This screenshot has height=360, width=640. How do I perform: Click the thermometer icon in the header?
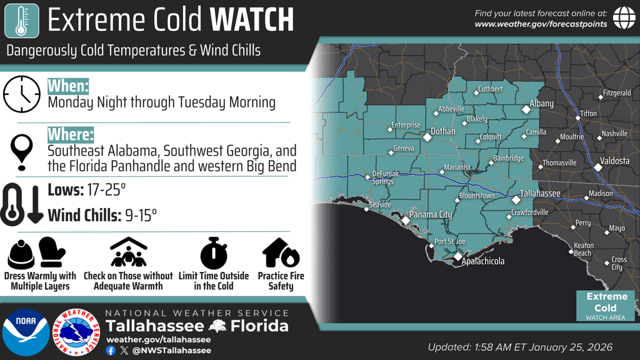pyautogui.click(x=21, y=20)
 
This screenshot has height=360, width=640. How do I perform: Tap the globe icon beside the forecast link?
pyautogui.click(x=624, y=17)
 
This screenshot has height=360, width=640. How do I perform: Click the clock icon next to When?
pyautogui.click(x=21, y=94)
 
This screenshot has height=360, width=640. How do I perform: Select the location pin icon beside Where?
pyautogui.click(x=21, y=151)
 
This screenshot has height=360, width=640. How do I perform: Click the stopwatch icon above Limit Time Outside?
pyautogui.click(x=213, y=253)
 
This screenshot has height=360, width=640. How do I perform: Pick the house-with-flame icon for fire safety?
pyautogui.click(x=281, y=252)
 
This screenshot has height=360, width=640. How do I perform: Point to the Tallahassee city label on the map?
pyautogui.click(x=540, y=194)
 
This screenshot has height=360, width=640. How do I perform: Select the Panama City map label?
pyautogui.click(x=432, y=215)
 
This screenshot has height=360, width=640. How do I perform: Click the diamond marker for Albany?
pyautogui.click(x=526, y=109)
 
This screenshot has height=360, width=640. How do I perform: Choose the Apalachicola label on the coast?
pyautogui.click(x=482, y=261)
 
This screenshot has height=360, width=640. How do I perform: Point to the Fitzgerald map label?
pyautogui.click(x=617, y=93)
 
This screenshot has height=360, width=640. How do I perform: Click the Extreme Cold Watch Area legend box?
pyautogui.click(x=606, y=306)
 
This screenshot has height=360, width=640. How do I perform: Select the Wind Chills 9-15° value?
pyautogui.click(x=102, y=215)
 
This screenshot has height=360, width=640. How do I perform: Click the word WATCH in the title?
pyautogui.click(x=252, y=20)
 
